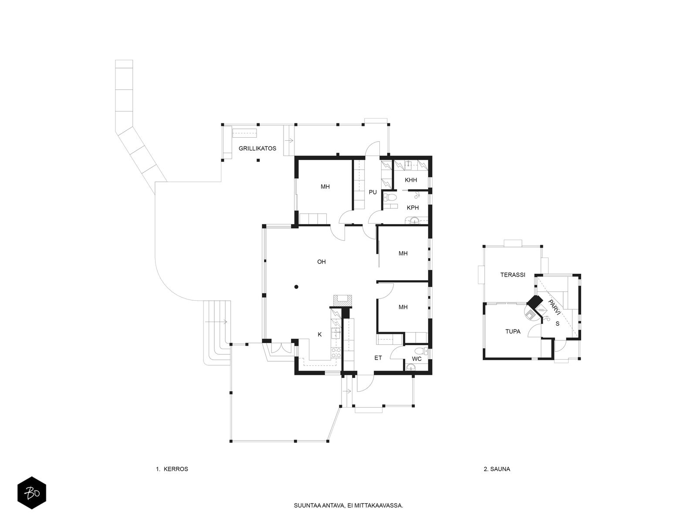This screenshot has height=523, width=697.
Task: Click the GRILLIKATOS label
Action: click(x=257, y=148)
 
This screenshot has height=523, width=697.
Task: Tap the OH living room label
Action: click(x=321, y=261)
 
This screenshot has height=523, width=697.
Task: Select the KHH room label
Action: click(x=411, y=180)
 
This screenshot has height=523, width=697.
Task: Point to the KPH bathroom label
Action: click(x=413, y=208)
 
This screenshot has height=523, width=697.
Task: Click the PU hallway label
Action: click(x=372, y=192)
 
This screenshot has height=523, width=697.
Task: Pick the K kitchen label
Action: click(x=320, y=334)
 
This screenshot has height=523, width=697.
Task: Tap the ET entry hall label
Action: click(x=378, y=358)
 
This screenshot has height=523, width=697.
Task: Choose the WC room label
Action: click(x=416, y=359)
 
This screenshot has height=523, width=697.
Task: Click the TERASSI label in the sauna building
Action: click(x=512, y=275)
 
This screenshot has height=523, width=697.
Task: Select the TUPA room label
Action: click(x=513, y=332)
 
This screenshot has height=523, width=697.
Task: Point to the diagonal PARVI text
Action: click(x=554, y=307)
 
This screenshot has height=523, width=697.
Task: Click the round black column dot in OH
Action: click(x=296, y=287)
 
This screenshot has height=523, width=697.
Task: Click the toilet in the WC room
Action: click(x=423, y=350)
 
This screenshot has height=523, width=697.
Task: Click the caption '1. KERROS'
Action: click(x=172, y=469)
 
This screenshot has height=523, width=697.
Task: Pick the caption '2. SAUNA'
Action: click(x=497, y=469)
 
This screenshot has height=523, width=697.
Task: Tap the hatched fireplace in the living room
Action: click(x=342, y=301)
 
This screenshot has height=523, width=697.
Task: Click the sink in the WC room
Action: click(x=411, y=368)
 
